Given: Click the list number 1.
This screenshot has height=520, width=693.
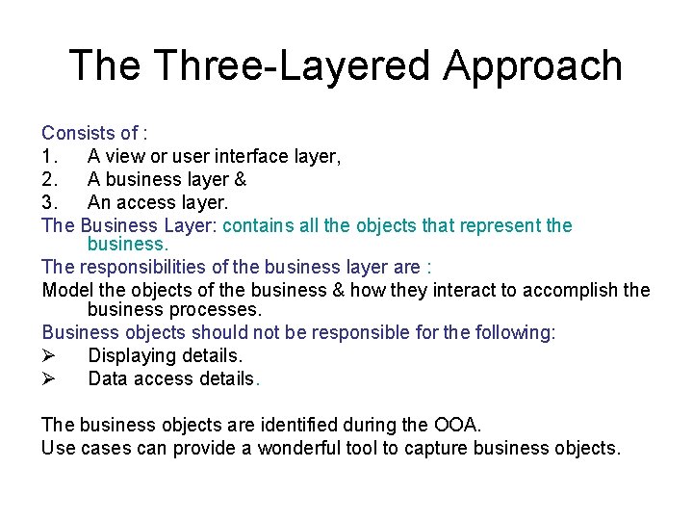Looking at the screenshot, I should [48, 156].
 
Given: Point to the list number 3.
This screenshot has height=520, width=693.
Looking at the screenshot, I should [48, 202].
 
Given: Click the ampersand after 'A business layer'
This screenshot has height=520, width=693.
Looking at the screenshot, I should [241, 179].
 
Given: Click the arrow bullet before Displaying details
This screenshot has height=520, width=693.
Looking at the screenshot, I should [49, 355].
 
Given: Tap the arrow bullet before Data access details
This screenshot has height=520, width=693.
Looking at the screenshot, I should [49, 378].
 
